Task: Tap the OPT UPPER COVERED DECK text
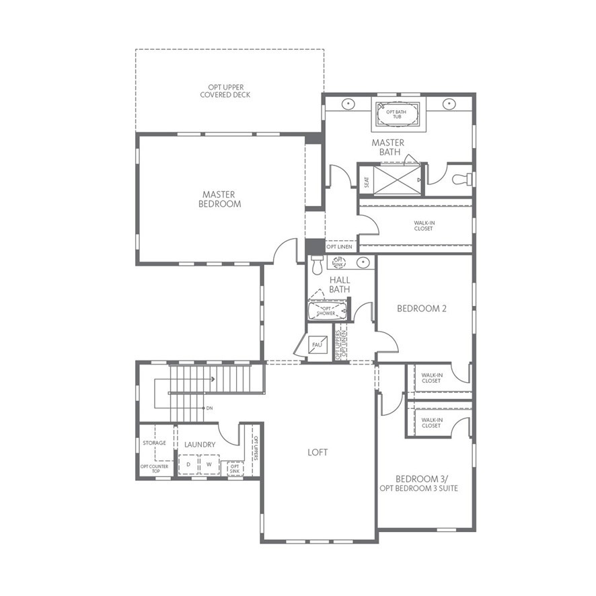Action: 225,91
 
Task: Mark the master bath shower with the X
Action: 396,180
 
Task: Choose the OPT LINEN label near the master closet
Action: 340,247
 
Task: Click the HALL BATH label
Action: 339,285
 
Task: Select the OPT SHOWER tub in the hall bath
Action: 328,311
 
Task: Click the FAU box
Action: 317,346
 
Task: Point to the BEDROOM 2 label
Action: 422,309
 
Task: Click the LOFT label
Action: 318,452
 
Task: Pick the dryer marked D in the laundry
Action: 188,465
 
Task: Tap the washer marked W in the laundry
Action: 209,465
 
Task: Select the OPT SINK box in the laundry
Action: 234,468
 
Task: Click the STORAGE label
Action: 154,443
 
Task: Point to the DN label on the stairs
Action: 209,408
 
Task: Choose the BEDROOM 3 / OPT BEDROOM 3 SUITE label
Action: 418,483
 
